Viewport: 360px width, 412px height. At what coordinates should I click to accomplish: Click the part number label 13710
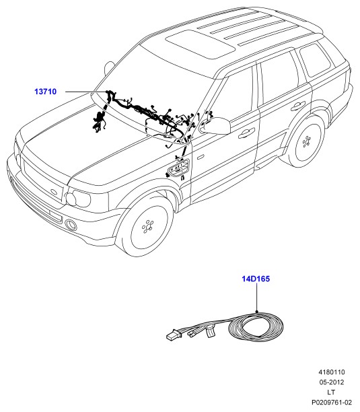click(46, 92)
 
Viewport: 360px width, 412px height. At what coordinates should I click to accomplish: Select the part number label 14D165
click(256, 279)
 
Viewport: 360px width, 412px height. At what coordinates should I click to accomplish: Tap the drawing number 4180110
click(332, 372)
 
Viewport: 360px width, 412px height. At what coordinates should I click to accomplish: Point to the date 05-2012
click(332, 382)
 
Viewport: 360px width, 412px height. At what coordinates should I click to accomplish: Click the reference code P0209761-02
click(332, 403)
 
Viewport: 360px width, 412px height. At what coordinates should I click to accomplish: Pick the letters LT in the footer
click(331, 392)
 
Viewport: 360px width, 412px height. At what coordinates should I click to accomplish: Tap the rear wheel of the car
click(307, 142)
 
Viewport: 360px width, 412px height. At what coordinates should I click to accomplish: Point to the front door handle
click(246, 133)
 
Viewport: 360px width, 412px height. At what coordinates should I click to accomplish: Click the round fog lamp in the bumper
click(71, 225)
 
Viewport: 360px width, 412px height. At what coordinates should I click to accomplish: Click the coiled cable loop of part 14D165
click(256, 327)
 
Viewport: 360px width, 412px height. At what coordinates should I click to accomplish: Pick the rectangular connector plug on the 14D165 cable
click(174, 336)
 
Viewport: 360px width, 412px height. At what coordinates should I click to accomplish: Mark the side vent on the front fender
click(178, 168)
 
